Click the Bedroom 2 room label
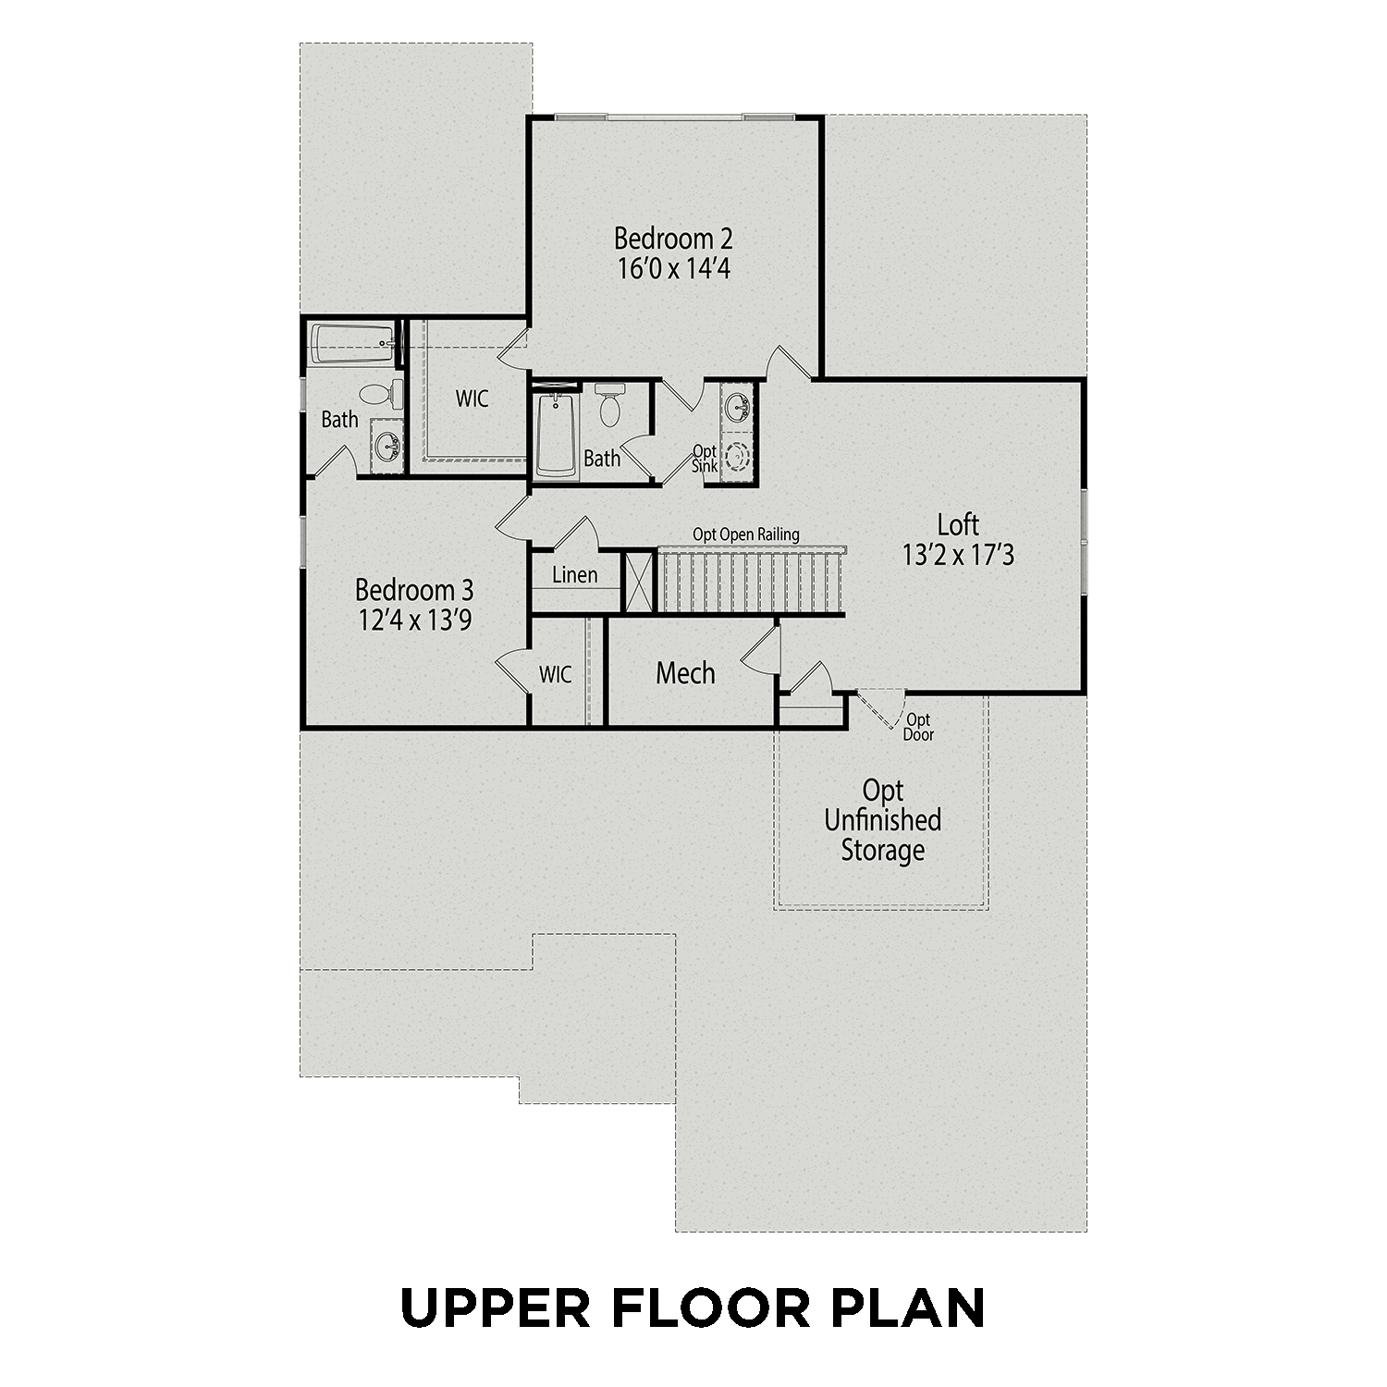673,239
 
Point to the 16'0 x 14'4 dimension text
673,269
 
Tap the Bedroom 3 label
414,590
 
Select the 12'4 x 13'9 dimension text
415,620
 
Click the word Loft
958,525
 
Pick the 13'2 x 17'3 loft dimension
958,555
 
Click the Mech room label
685,673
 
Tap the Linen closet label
574,575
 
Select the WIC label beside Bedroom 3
556,675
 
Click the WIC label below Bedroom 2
472,399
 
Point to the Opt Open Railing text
746,534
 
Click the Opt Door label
918,728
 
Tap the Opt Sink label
705,459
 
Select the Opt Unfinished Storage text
882,820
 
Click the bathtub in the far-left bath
352,343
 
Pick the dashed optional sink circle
738,457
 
